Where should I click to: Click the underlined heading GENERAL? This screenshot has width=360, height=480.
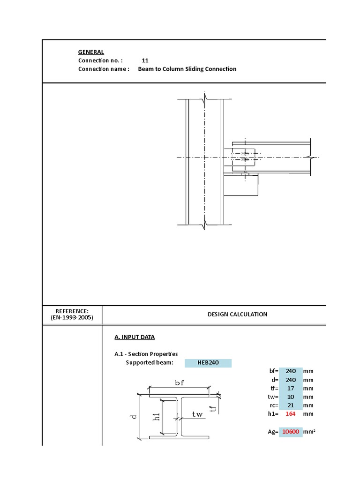click(91, 52)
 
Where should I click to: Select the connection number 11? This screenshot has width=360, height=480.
click(145, 60)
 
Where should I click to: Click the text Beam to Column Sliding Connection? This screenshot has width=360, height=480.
click(187, 69)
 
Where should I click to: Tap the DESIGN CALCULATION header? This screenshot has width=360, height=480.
click(237, 314)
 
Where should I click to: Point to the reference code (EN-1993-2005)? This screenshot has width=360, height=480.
click(72, 317)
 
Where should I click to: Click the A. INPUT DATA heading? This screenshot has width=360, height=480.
click(135, 337)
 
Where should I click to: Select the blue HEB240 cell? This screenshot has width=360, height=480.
click(208, 363)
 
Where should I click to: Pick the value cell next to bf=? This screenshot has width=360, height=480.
click(291, 371)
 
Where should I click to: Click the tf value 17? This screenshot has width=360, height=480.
click(291, 388)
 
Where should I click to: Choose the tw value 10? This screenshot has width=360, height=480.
click(291, 397)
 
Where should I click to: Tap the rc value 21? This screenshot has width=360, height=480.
click(291, 405)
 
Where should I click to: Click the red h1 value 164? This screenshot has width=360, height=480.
click(291, 413)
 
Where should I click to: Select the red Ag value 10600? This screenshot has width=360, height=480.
click(291, 431)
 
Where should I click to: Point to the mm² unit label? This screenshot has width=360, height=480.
click(309, 431)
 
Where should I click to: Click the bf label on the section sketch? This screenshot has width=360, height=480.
click(180, 383)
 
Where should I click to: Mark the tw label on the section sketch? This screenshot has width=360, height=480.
click(197, 414)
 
